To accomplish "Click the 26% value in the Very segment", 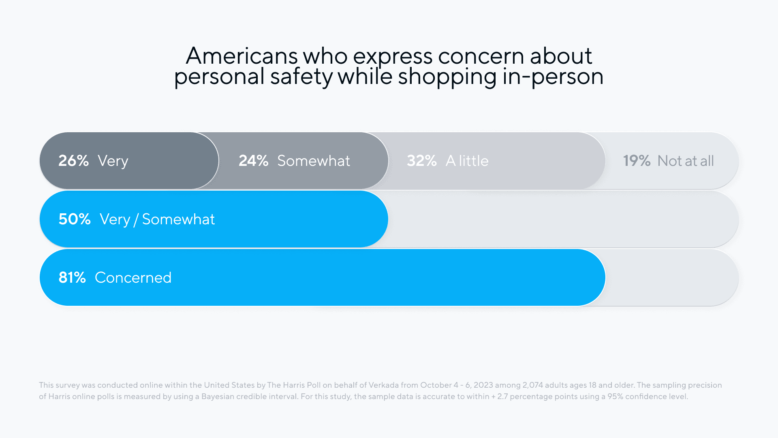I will click(x=73, y=161).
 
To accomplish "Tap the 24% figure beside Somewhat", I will click(x=253, y=161).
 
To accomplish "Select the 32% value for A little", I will click(x=421, y=161).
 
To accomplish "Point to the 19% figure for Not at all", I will click(x=636, y=161).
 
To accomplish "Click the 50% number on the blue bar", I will click(x=75, y=219).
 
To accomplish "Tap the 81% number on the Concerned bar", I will click(x=72, y=278).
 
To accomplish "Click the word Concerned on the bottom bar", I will click(x=133, y=278).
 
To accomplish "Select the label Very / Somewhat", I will click(x=157, y=219).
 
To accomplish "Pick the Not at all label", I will click(x=686, y=161).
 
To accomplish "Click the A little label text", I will click(x=467, y=161).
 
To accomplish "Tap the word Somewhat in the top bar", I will click(x=314, y=161).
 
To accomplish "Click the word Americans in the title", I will click(x=242, y=56).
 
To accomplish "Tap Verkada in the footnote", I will click(x=383, y=385).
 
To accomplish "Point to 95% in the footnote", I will click(x=615, y=397).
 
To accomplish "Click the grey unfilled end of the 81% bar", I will click(x=673, y=278).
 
